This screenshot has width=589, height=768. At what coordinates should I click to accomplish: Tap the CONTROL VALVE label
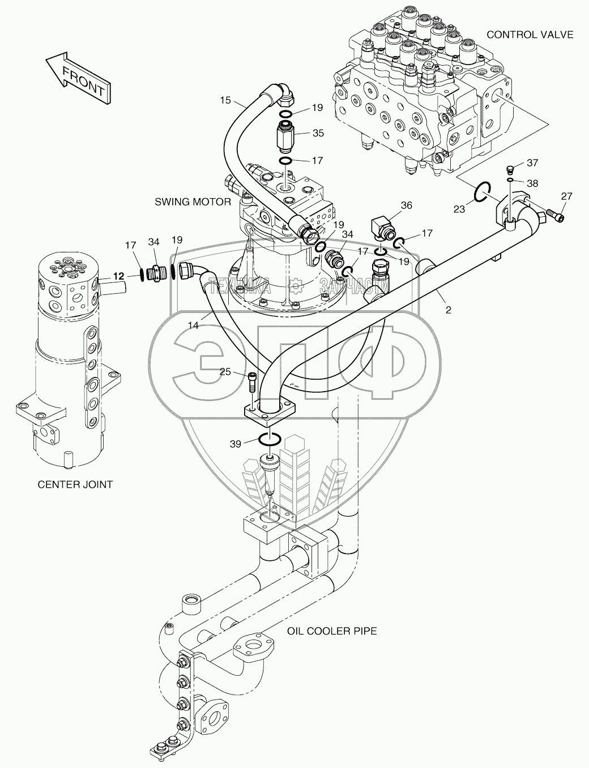coord(530,35)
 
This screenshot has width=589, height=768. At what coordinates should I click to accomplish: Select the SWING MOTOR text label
coord(193,202)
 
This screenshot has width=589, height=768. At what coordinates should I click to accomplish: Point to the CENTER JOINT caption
coord(75,484)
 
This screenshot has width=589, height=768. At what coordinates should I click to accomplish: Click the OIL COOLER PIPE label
coord(332,631)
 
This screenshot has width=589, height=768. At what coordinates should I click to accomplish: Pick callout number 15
coord(225,100)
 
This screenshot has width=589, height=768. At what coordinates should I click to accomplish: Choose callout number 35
coord(318,133)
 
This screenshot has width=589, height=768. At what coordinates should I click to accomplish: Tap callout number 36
coord(407,205)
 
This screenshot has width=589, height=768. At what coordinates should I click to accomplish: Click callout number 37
coord(532,163)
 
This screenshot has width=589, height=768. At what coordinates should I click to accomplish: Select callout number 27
coord(566,196)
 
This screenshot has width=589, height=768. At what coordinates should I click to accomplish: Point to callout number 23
coord(459,209)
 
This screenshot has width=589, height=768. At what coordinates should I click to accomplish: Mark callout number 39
coord(236,444)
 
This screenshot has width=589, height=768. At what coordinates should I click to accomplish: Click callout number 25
coord(225,372)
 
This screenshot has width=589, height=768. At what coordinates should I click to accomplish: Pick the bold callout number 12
coord(119,276)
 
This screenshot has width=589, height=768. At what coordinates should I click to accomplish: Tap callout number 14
coord(193,325)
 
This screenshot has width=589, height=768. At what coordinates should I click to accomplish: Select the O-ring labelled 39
coord(270,439)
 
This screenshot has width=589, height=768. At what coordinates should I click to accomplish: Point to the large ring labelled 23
coord(482,192)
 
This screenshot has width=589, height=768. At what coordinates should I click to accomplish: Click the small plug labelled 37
coord(510,169)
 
